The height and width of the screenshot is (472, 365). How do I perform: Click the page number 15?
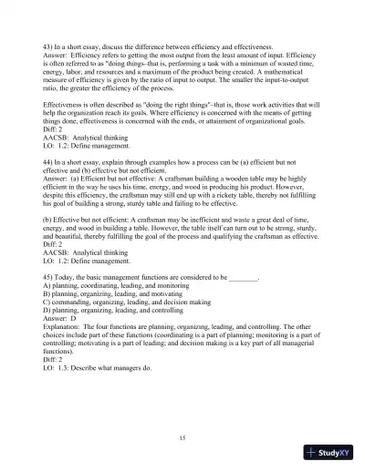(x=182, y=438)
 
